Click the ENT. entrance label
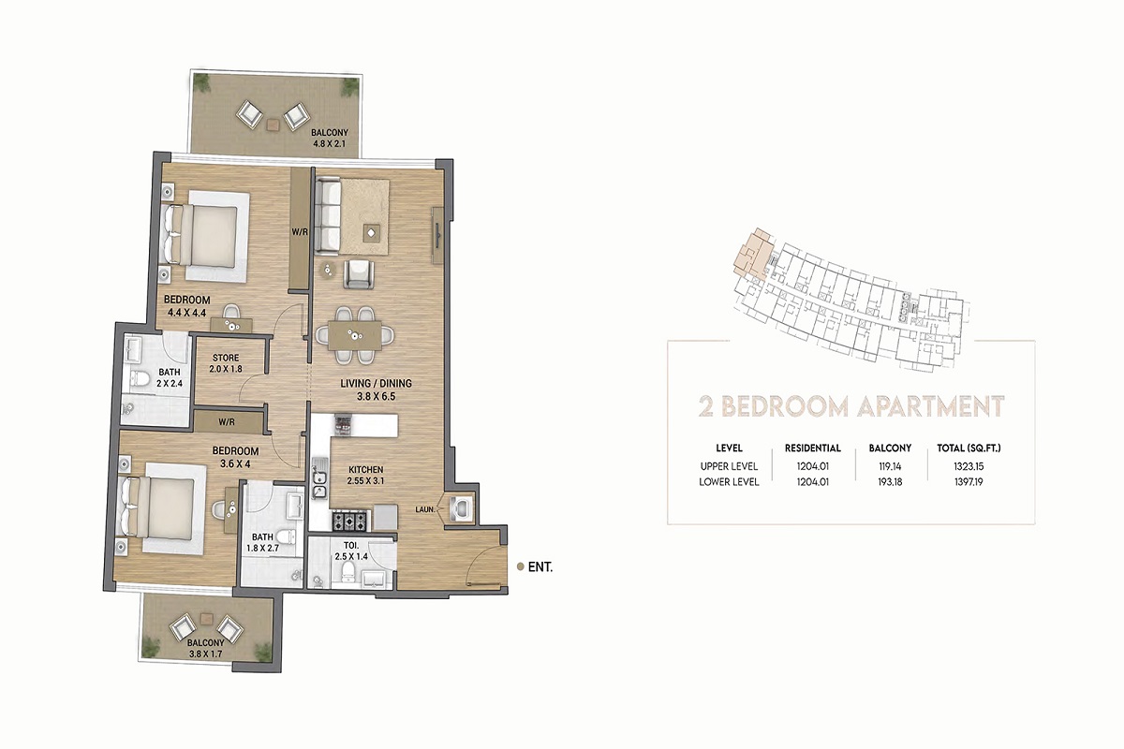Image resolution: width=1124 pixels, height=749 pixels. (x=540, y=566)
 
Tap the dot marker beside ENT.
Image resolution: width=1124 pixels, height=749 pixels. (x=521, y=566)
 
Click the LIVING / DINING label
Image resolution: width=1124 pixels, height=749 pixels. (x=375, y=384)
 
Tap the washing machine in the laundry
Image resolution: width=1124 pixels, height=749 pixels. (x=462, y=507)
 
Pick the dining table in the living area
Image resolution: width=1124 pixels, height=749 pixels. (x=355, y=334)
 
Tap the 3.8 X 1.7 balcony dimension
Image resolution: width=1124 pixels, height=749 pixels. (x=205, y=654)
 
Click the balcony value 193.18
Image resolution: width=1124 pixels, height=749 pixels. (x=889, y=482)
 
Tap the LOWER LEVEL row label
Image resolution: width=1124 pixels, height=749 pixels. (x=728, y=482)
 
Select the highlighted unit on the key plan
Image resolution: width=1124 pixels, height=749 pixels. (x=751, y=252)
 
